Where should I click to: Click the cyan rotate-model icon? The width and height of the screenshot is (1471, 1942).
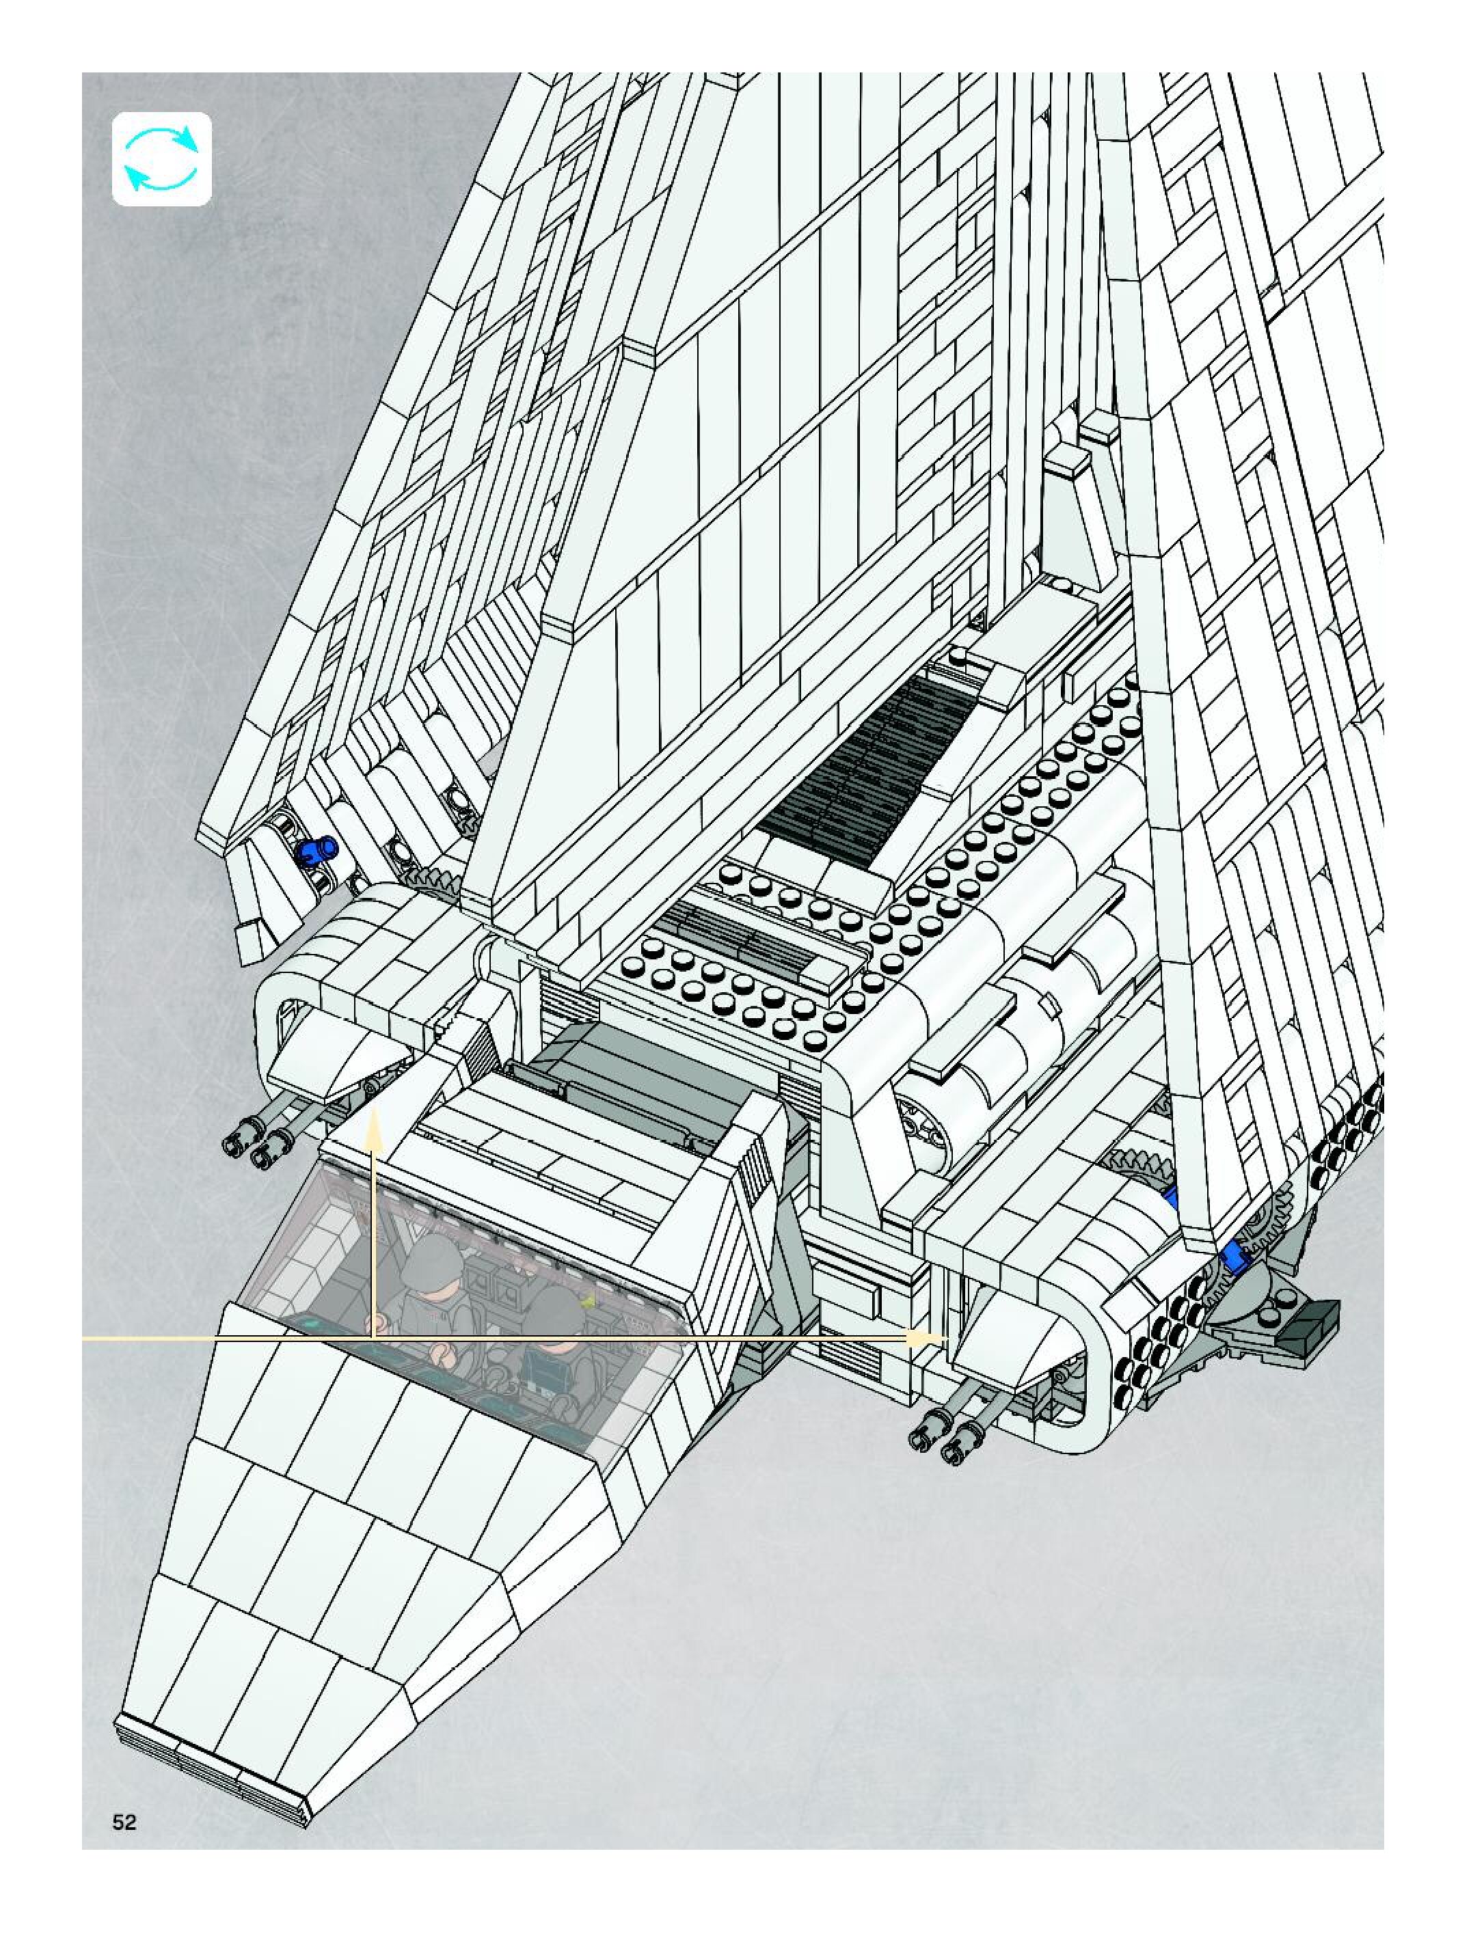coord(161,159)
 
